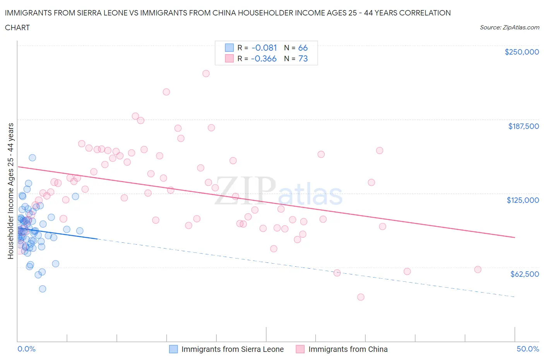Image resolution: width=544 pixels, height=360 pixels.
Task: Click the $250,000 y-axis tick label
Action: tap(522, 52)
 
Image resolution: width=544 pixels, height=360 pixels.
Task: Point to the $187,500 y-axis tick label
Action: tap(523, 126)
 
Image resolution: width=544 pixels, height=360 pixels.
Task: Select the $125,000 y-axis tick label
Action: tap(523, 200)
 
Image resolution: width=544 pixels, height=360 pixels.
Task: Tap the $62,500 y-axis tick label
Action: tap(524, 274)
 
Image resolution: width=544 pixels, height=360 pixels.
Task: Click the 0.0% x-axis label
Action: tap(26, 349)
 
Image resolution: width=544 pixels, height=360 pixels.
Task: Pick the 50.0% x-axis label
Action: tap(528, 349)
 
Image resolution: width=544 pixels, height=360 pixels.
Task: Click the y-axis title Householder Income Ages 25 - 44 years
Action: tap(11, 191)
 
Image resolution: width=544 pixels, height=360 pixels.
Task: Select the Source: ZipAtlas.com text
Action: tap(509, 27)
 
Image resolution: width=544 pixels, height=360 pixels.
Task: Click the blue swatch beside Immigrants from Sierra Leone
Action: tap(173, 349)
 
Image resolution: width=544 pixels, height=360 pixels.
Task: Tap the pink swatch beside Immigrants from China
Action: tap(300, 349)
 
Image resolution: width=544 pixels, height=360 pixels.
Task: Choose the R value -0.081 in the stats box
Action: tap(264, 48)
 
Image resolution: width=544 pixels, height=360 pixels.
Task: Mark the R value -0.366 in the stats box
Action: tap(264, 59)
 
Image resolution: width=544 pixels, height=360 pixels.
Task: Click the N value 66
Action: tap(303, 48)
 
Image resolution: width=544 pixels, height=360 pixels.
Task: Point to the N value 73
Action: tap(303, 59)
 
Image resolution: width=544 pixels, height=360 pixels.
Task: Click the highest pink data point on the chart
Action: tap(206, 74)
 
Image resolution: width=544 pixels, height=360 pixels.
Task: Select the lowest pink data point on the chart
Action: tap(361, 297)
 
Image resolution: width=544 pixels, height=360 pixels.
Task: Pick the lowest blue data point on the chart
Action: tap(43, 289)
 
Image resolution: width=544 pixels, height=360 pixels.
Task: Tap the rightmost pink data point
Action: tap(478, 269)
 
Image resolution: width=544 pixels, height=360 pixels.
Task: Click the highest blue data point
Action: tap(33, 158)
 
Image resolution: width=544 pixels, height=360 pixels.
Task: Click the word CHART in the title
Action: tap(17, 27)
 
